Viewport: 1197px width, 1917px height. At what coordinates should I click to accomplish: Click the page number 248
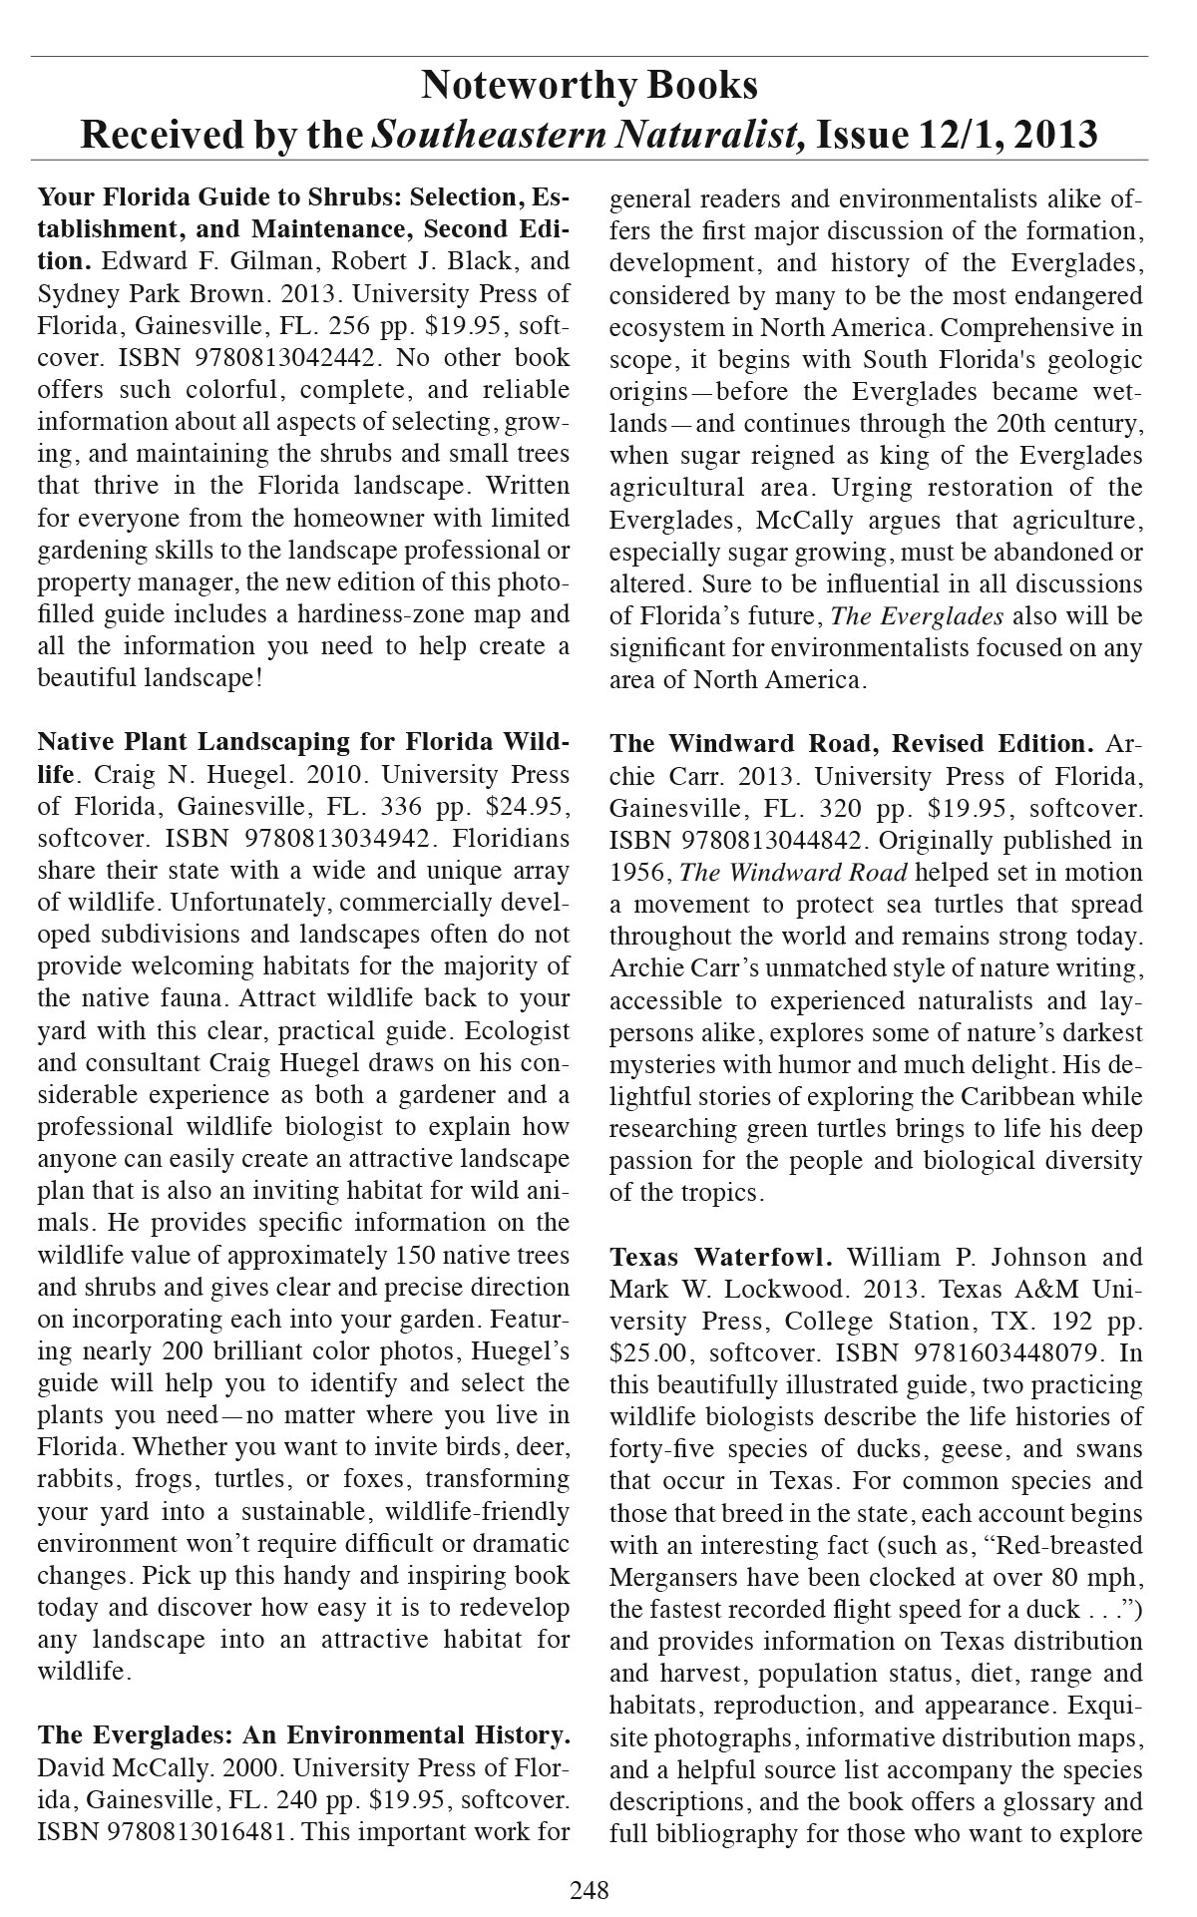pyautogui.click(x=589, y=1888)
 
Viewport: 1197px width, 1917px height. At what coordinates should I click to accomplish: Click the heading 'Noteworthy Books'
pyautogui.click(x=589, y=86)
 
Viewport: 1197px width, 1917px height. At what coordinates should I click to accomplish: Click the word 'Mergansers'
pyautogui.click(x=673, y=1578)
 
